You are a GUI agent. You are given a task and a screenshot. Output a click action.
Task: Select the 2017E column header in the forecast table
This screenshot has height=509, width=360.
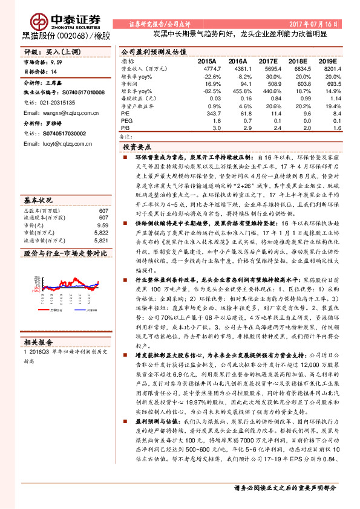(268, 62)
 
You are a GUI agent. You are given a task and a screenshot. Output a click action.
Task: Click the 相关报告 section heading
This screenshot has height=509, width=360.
(38, 342)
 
